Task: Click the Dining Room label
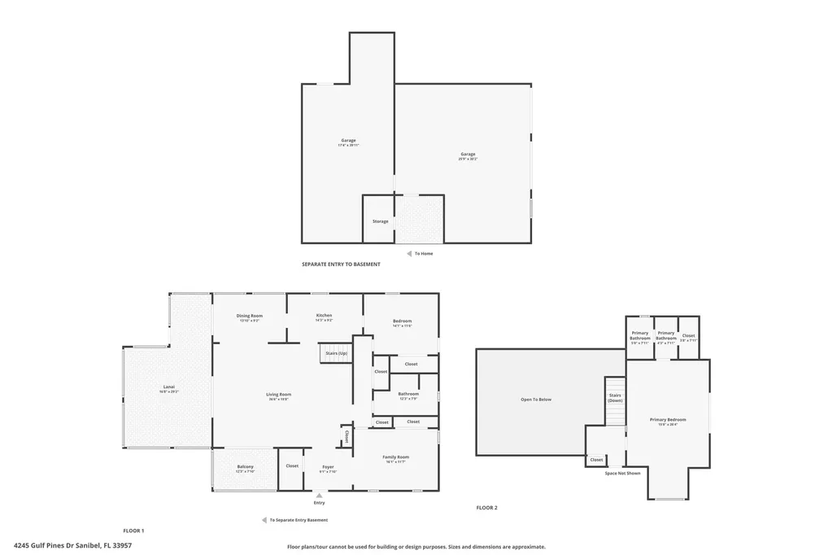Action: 250,316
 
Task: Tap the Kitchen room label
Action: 324,316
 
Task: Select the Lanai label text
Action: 168,387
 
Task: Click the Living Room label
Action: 278,395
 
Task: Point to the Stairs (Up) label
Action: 337,354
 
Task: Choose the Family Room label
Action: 395,457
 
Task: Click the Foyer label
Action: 328,467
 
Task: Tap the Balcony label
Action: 245,467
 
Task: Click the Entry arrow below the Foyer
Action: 319,495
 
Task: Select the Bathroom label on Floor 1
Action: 408,394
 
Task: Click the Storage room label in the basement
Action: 380,221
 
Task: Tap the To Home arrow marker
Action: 409,253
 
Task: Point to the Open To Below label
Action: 536,400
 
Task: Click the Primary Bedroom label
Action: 668,420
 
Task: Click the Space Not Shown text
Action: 622,473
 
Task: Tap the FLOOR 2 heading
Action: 486,508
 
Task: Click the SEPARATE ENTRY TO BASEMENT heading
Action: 341,264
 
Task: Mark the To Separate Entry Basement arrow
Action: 264,520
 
